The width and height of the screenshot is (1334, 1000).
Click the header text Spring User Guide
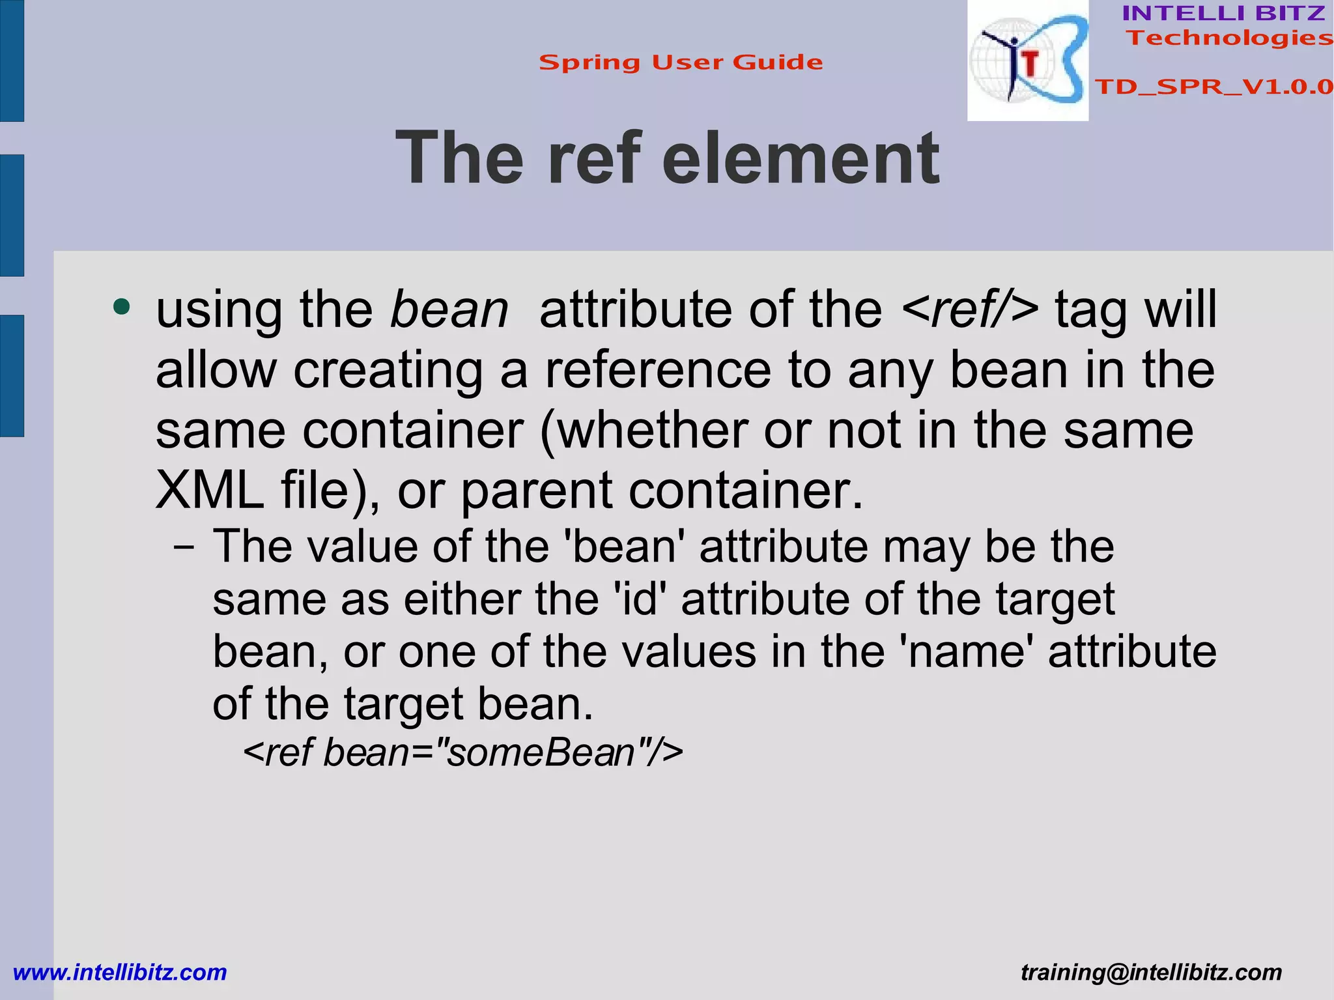681,63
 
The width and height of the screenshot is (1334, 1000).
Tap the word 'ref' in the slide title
594,158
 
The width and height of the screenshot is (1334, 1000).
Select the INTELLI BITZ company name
1223,13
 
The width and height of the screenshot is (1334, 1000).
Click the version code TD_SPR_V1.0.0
1213,87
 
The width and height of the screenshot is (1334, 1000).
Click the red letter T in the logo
1030,64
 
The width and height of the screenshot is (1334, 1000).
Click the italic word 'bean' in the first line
449,310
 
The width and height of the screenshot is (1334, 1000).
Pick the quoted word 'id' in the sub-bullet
640,599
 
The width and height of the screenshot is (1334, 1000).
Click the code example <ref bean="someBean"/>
463,752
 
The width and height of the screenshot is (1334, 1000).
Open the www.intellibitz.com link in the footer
120,973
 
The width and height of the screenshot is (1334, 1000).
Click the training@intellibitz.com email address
1151,973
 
